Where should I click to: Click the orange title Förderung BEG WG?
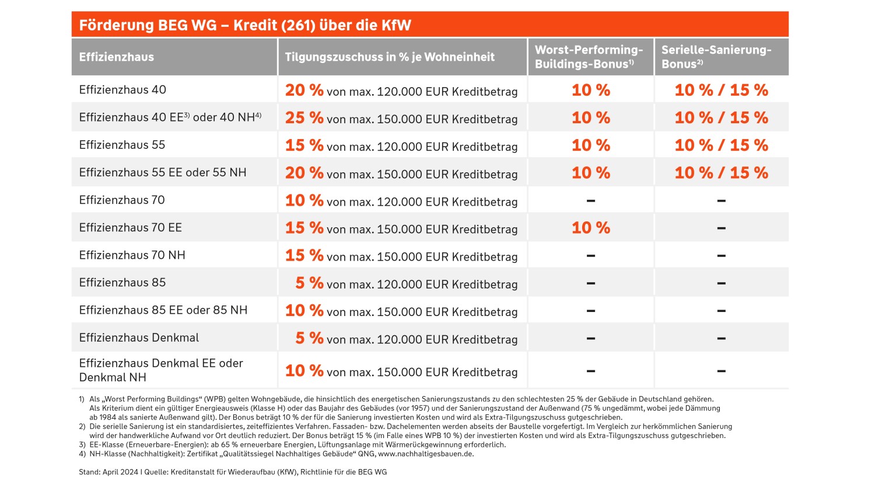[x=148, y=25]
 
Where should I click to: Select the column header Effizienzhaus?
[x=117, y=57]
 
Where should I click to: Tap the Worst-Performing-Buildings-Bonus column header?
[x=589, y=57]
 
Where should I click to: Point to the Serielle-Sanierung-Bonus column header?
[x=716, y=57]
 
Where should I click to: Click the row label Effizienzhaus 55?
[x=122, y=145]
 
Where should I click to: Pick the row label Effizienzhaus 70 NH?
[x=132, y=255]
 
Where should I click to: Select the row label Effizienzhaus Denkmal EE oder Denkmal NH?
[x=161, y=370]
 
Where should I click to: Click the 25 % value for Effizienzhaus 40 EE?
[x=304, y=118]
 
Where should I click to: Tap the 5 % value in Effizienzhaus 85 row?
[x=309, y=283]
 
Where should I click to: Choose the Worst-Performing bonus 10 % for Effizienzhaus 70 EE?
[x=591, y=228]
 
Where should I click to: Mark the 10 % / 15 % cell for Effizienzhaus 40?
[x=722, y=90]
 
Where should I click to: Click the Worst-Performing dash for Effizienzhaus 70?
[x=591, y=201]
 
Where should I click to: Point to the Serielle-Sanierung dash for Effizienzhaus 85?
[x=722, y=283]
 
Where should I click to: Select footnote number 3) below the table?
[x=82, y=445]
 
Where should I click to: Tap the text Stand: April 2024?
[x=108, y=472]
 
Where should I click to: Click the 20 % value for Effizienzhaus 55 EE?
[x=304, y=173]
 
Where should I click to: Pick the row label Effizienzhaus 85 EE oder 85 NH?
[x=163, y=310]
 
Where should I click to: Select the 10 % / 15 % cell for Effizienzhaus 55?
[x=722, y=145]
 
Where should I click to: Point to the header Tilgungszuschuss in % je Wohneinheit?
[x=390, y=57]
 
